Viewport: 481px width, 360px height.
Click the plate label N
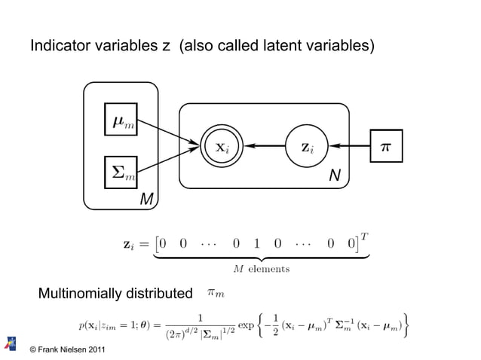[x=333, y=176]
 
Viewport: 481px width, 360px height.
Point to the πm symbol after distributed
[x=216, y=291]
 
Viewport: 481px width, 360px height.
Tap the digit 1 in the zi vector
[x=256, y=243]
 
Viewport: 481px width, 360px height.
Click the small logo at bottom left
[x=11, y=343]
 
